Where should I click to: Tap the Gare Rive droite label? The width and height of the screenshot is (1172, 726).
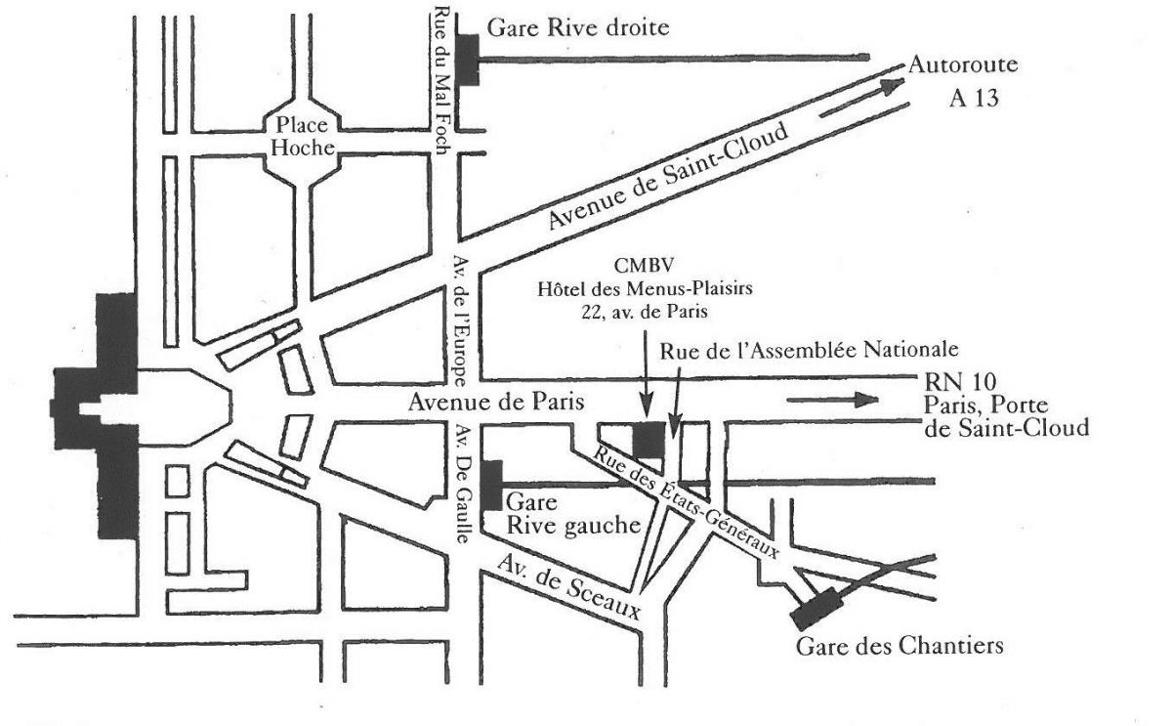tap(577, 28)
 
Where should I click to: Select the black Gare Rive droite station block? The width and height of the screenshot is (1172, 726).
tap(469, 59)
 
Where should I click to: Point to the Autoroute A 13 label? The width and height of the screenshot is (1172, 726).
tap(963, 82)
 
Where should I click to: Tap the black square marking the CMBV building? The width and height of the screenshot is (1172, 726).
tap(649, 439)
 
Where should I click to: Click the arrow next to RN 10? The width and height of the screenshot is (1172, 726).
tap(832, 399)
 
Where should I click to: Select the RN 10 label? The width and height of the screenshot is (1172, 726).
tap(948, 381)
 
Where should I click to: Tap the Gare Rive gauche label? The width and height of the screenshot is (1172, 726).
tap(572, 514)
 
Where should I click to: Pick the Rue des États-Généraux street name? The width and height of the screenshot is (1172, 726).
tap(689, 500)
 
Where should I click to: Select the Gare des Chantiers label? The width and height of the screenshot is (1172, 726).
tap(899, 646)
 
